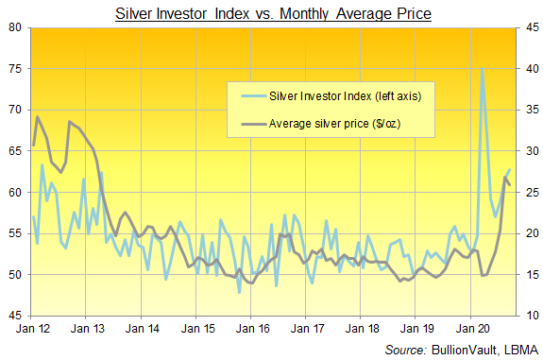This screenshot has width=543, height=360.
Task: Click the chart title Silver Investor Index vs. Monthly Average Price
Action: click(273, 14)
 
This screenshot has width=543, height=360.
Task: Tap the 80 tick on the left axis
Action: click(15, 27)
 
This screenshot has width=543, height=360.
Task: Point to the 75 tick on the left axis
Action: click(15, 69)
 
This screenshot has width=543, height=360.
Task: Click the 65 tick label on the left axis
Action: click(15, 151)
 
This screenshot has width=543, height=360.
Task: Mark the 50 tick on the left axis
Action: click(15, 275)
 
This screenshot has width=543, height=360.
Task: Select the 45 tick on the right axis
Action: click(533, 27)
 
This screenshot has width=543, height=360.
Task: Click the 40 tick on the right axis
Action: click(533, 69)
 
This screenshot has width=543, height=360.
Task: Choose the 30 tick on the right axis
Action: click(533, 151)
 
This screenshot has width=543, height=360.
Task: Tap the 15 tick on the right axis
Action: click(533, 275)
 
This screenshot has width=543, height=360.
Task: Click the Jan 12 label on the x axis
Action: click(33, 329)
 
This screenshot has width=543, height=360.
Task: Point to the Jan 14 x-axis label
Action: click(143, 329)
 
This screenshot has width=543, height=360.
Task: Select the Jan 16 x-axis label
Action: click(252, 329)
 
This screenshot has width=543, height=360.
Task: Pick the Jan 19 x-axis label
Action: click(417, 329)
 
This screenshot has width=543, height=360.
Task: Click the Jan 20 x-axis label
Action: click(473, 329)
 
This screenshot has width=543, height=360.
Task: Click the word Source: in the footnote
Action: click(405, 350)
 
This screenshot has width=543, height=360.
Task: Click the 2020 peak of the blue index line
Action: click(482, 69)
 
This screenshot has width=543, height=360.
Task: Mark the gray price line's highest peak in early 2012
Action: click(38, 117)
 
